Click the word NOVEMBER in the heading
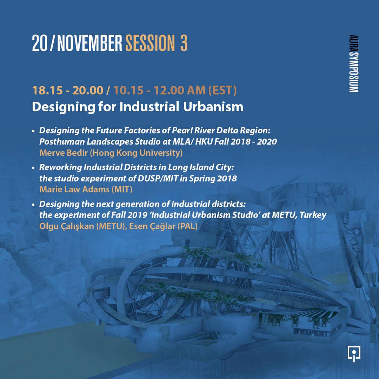pyautogui.click(x=89, y=43)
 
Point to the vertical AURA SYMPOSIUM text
pyautogui.click(x=353, y=64)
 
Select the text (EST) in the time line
pyautogui.click(x=222, y=90)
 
